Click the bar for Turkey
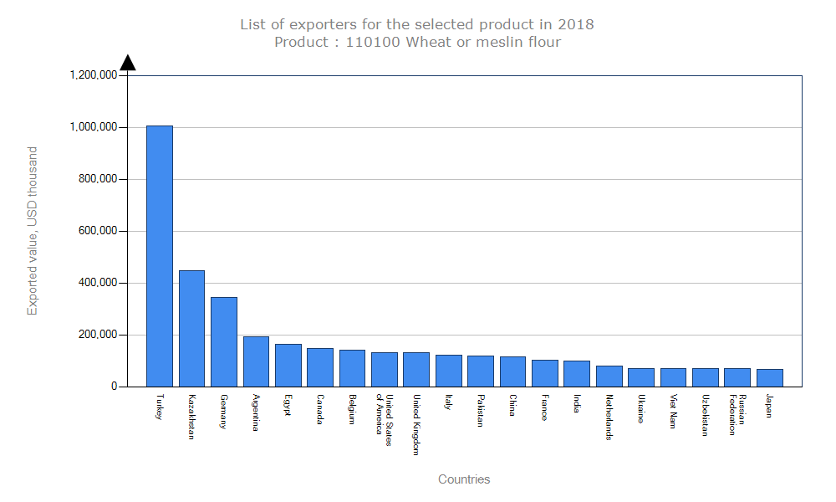click(x=160, y=256)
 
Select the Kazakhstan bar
click(x=191, y=328)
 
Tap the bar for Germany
click(x=224, y=341)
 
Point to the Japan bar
click(x=770, y=377)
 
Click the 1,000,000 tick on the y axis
click(x=96, y=127)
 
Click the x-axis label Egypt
click(x=288, y=405)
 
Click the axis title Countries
click(x=464, y=479)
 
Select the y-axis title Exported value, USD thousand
click(x=33, y=231)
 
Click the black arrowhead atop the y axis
click(x=127, y=63)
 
